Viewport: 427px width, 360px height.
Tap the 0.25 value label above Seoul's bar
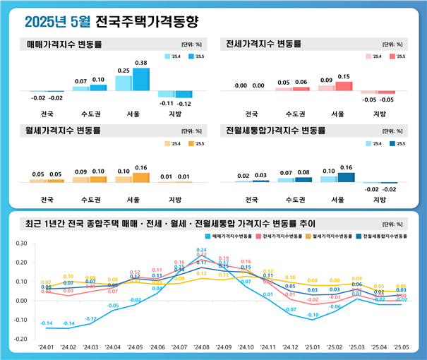pyautogui.click(x=124, y=71)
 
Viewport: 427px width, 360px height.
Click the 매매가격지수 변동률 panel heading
pyautogui.click(x=64, y=44)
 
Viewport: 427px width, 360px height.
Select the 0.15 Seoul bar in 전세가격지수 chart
pyautogui.click(x=344, y=86)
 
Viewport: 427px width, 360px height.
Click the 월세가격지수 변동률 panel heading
pyautogui.click(x=64, y=131)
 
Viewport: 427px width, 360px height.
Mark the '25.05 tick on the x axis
pyautogui.click(x=400, y=348)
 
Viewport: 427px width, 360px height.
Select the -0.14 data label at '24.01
pyautogui.click(x=46, y=323)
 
